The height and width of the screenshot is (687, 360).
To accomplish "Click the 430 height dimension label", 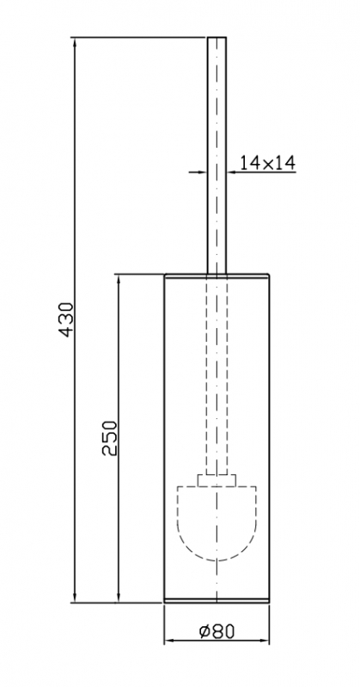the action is [x=66, y=319].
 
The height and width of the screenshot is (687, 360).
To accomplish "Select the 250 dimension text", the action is [x=110, y=438].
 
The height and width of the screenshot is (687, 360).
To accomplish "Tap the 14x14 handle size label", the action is [x=267, y=162].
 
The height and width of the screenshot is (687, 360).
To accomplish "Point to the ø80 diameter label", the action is [x=217, y=631].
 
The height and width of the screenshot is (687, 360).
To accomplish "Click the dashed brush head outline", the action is [x=217, y=560].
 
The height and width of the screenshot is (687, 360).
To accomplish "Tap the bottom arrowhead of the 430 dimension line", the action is [x=75, y=597].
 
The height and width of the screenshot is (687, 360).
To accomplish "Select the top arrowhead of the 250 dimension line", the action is [x=119, y=281].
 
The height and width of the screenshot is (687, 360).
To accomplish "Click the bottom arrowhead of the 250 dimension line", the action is [x=119, y=597].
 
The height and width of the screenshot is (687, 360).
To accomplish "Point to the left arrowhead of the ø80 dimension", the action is [x=170, y=641].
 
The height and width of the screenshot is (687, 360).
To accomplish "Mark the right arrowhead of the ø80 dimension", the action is [x=264, y=641].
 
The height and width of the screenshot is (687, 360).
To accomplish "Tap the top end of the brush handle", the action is [x=217, y=38].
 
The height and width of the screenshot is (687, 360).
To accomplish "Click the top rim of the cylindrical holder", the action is [x=217, y=276].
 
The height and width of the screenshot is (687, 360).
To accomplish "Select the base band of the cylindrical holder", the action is [x=217, y=600].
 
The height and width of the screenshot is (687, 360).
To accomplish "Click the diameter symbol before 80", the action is [x=204, y=632].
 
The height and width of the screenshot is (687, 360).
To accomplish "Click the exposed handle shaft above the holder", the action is [x=217, y=155].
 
